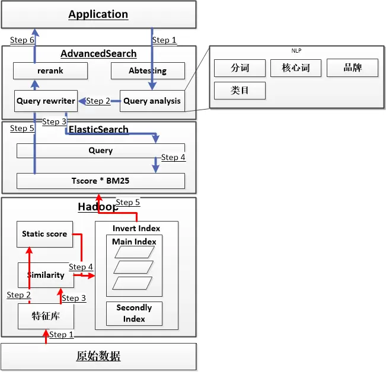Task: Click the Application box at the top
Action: pyautogui.click(x=98, y=14)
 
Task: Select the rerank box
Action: pyautogui.click(x=50, y=71)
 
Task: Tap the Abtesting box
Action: pyautogui.click(x=148, y=71)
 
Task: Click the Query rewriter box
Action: pyautogui.click(x=46, y=101)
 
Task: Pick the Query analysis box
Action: pyautogui.click(x=152, y=101)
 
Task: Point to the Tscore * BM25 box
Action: pyautogui.click(x=100, y=181)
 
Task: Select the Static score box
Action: pyautogui.click(x=44, y=234)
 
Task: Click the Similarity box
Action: pyautogui.click(x=46, y=275)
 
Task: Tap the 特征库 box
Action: pyautogui.click(x=46, y=316)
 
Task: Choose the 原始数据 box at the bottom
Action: pyautogui.click(x=98, y=356)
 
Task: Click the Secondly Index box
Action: pyautogui.click(x=134, y=313)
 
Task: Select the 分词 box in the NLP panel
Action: pyautogui.click(x=240, y=68)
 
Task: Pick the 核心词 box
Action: pyautogui.click(x=296, y=68)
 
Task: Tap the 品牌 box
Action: pyautogui.click(x=352, y=68)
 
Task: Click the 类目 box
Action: pyautogui.click(x=240, y=91)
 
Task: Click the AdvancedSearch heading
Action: pyautogui.click(x=98, y=54)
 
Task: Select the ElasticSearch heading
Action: pyautogui.click(x=98, y=129)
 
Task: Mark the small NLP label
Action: pyautogui.click(x=296, y=51)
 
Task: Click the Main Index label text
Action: pyautogui.click(x=134, y=242)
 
